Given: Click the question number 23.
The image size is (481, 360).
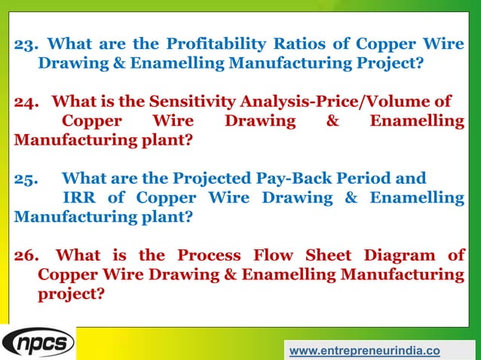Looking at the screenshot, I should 26,43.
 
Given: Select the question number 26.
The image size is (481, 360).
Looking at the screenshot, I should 28,255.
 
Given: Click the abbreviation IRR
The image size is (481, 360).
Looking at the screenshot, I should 79,198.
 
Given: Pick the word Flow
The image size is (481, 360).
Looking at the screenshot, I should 277,255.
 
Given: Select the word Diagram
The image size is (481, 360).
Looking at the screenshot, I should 399,255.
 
